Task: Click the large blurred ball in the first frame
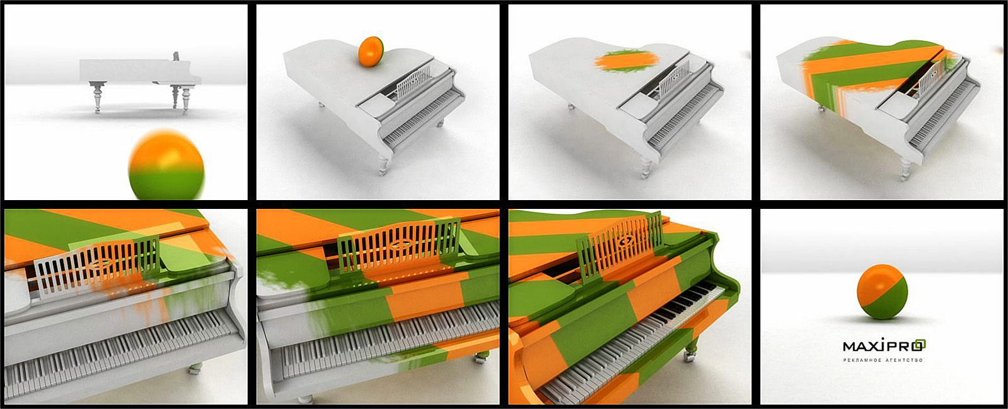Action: (x=166, y=165)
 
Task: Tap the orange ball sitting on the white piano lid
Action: (x=371, y=51)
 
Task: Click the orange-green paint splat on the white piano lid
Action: (x=627, y=61)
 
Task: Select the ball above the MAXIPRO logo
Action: (x=882, y=292)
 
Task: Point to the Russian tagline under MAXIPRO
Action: (x=883, y=360)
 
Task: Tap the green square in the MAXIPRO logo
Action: (x=920, y=345)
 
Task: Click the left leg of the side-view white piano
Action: (x=97, y=97)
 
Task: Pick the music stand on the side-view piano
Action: (x=175, y=56)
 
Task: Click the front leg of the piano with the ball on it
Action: (x=383, y=165)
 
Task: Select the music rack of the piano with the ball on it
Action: (x=414, y=80)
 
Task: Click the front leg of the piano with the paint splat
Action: (x=646, y=167)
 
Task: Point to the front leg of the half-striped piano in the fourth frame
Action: (x=906, y=170)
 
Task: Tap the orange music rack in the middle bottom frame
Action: (x=398, y=246)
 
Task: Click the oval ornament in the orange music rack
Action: (x=398, y=245)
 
